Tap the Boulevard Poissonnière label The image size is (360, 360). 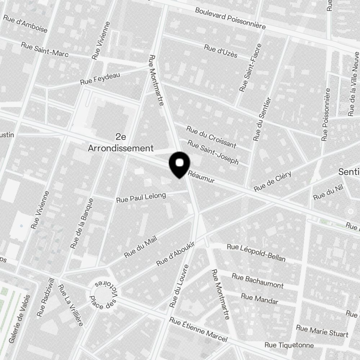pos(230,18)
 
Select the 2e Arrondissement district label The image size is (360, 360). pos(121,143)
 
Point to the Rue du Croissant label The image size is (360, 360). pos(211,137)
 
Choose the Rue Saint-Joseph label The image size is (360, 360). pos(213,153)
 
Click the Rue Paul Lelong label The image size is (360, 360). pos(141,197)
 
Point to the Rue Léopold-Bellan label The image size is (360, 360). pos(256,253)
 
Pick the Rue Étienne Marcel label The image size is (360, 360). pos(198,330)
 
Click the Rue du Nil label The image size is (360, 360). pos(324,195)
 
